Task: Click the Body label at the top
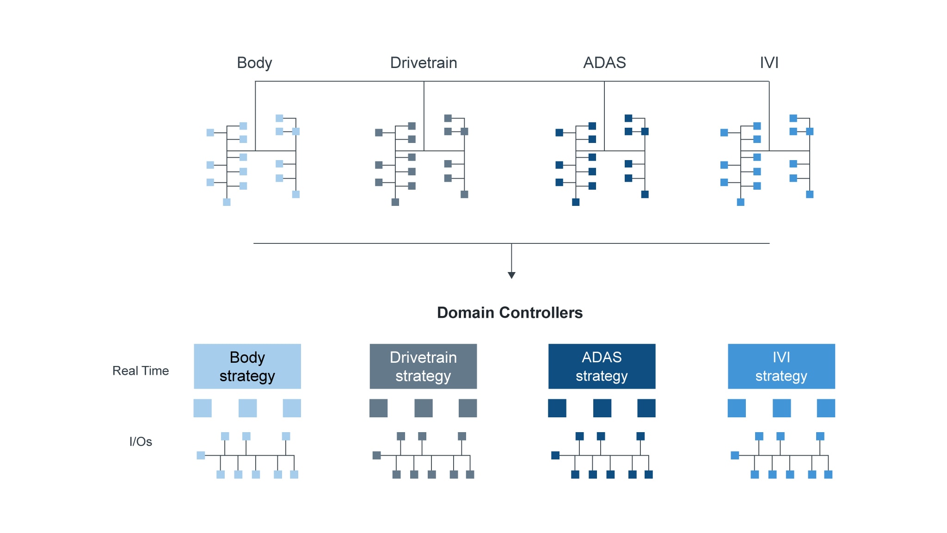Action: (254, 62)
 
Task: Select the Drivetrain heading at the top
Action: (424, 62)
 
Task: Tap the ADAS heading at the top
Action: (604, 62)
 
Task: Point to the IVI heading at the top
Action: (769, 62)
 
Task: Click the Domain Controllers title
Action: (510, 313)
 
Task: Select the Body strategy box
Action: (247, 366)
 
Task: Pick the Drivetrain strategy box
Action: (423, 366)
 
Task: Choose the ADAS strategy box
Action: (602, 366)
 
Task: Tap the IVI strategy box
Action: (781, 366)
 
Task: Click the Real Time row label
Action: (141, 371)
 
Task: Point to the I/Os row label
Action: (141, 441)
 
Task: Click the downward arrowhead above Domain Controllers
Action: (511, 275)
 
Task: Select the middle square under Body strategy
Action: (247, 408)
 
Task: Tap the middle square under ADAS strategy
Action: (602, 408)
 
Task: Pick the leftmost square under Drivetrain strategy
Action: (378, 408)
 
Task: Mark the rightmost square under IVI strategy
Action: (826, 408)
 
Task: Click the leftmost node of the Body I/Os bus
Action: (201, 455)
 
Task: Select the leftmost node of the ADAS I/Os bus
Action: (555, 455)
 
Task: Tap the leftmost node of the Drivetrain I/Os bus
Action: (376, 455)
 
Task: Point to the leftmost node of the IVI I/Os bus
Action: (735, 455)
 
